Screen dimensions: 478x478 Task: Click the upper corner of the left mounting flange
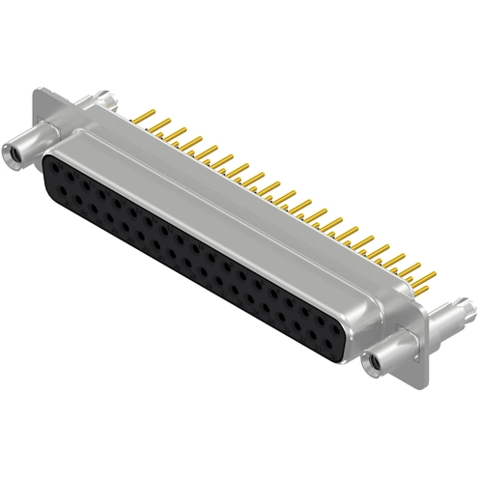pos(39,91)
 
